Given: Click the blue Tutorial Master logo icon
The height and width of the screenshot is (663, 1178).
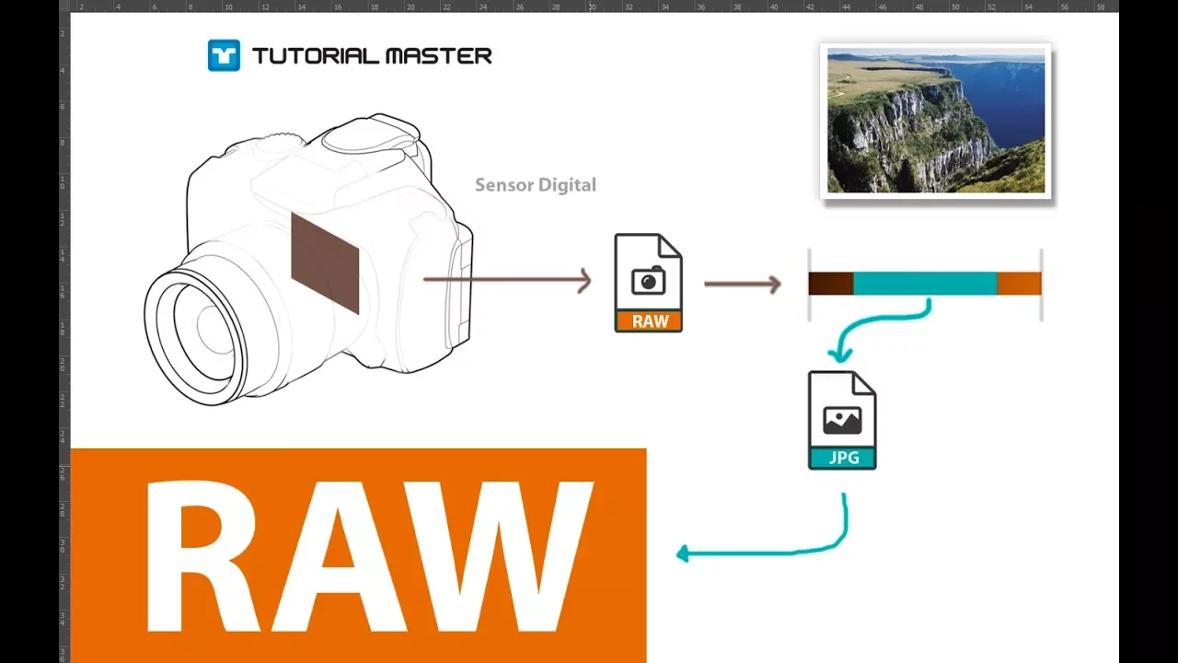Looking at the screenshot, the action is point(224,55).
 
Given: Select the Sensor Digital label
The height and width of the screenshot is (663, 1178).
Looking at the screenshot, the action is point(536,185).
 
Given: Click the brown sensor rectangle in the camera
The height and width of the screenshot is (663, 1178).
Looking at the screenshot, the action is point(325,263).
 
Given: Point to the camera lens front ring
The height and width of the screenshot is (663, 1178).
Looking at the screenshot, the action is point(196,337).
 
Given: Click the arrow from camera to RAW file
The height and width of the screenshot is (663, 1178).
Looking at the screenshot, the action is point(507,279).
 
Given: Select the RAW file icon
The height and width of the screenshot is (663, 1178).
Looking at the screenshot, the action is point(649,283).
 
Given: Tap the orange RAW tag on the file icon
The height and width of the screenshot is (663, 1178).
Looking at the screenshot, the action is point(649,321).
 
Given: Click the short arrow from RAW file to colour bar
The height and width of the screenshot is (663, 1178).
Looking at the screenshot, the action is point(743,285).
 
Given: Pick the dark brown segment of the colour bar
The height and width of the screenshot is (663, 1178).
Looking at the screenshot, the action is point(831,284).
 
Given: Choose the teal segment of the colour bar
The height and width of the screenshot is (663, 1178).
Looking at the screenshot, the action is point(925,284).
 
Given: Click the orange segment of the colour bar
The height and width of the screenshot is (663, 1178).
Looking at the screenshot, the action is point(1019,284).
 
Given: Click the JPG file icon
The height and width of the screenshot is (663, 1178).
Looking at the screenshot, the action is point(842,420).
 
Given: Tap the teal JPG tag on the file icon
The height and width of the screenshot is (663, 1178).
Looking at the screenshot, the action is point(842,458).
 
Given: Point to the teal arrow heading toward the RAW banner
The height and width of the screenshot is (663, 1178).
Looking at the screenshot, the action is point(789,552).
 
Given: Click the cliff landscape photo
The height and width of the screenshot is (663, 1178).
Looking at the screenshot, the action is point(936,121).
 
